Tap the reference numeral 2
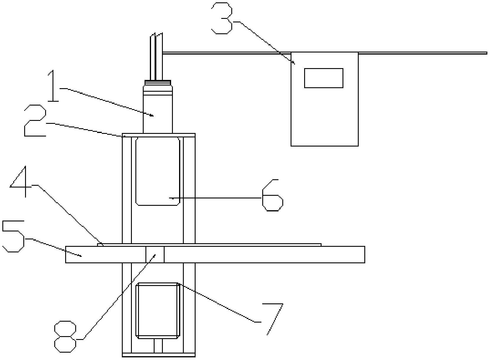click(35, 121)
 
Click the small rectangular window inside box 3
click(324, 78)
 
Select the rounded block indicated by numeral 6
click(158, 171)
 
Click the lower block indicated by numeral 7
click(158, 310)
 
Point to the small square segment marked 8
click(155, 254)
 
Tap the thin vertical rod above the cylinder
click(157, 56)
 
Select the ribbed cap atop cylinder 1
click(158, 83)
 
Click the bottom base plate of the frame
click(159, 355)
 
